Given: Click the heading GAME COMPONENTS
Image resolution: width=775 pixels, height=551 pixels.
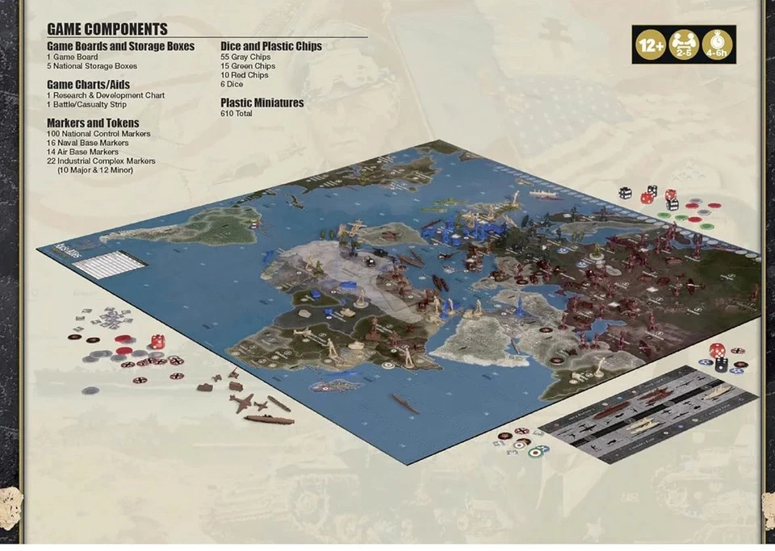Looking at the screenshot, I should tap(107, 29).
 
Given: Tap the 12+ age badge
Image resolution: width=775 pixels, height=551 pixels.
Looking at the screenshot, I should tap(650, 45).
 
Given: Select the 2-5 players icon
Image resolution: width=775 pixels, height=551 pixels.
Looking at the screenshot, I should tap(684, 45).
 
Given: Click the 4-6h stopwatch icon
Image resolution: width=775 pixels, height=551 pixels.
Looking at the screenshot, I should tap(718, 45).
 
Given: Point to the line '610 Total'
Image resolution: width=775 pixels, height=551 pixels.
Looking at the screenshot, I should tap(236, 114).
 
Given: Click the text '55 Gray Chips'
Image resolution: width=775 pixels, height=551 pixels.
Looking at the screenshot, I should tap(247, 57).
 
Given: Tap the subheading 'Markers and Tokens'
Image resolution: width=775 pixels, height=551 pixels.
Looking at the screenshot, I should tap(93, 123).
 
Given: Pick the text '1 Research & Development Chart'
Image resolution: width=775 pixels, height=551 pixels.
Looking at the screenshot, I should tap(105, 95).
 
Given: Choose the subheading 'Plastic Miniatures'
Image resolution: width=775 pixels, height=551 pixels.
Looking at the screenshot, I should tap(262, 102).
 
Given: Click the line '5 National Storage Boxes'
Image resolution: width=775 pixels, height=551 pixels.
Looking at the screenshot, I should tap(91, 66).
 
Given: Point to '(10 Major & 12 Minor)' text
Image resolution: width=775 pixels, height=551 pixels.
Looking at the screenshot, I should tap(94, 170).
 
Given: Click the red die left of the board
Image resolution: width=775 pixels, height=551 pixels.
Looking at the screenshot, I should tap(158, 341).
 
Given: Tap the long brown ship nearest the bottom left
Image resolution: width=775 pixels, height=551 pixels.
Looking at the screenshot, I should tap(269, 419).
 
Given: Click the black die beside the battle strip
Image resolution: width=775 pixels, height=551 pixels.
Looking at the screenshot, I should tap(721, 365).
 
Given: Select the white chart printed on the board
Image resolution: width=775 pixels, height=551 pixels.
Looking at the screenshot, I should tap(113, 265).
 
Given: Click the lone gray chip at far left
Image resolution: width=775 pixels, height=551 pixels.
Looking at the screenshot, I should tap(90, 390).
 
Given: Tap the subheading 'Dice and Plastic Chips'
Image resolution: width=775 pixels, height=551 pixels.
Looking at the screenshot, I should tap(270, 46).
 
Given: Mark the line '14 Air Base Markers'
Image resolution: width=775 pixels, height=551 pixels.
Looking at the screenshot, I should tap(82, 152).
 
